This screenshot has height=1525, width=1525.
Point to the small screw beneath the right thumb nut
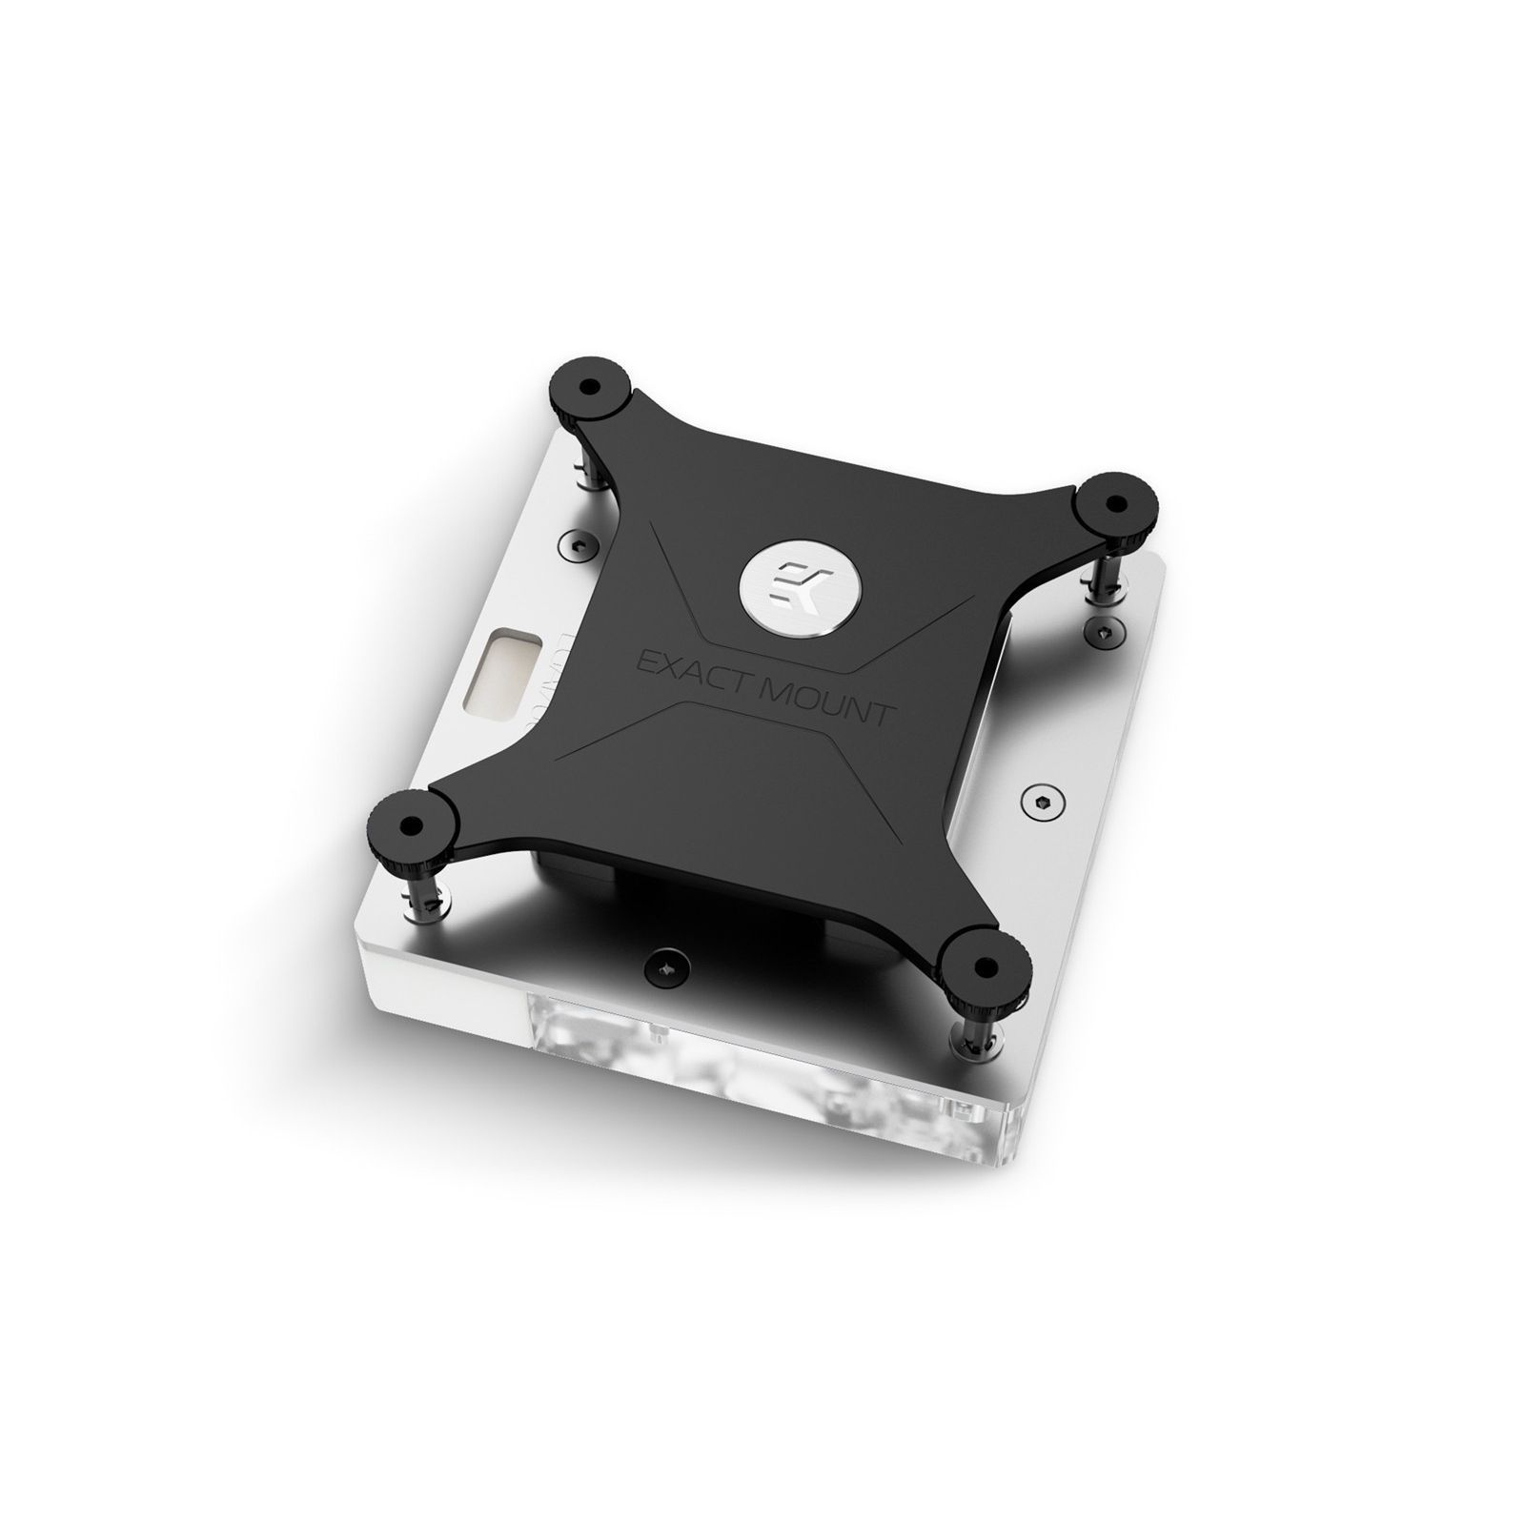coord(1106,628)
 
